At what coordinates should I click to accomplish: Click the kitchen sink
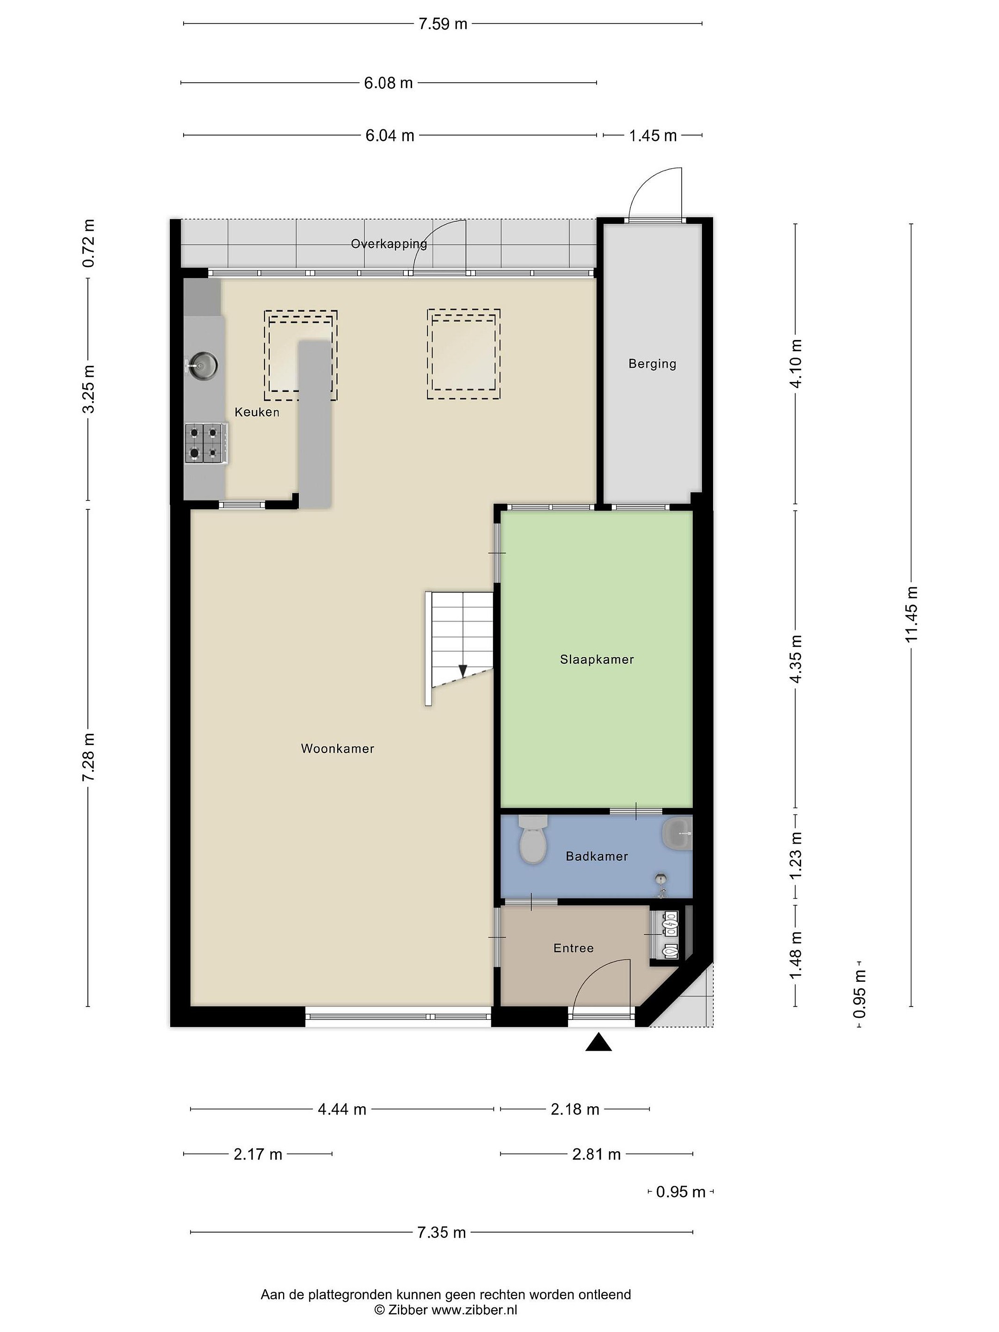pyautogui.click(x=202, y=365)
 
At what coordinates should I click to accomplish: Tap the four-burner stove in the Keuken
pyautogui.click(x=206, y=443)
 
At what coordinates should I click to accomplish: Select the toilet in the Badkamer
pyautogui.click(x=532, y=839)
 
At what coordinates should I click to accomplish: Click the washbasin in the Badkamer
pyautogui.click(x=678, y=834)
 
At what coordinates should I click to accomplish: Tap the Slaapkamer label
pyautogui.click(x=597, y=660)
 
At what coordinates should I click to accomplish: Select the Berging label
pyautogui.click(x=652, y=364)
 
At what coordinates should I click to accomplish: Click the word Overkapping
pyautogui.click(x=389, y=244)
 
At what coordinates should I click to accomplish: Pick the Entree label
pyautogui.click(x=573, y=949)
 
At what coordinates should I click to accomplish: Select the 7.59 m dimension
pyautogui.click(x=443, y=24)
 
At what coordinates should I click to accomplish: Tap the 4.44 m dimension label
pyautogui.click(x=342, y=1109)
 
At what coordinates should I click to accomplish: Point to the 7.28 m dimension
pyautogui.click(x=88, y=758)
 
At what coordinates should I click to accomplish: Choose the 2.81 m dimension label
pyautogui.click(x=596, y=1154)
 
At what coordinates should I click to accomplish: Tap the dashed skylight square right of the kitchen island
pyautogui.click(x=464, y=355)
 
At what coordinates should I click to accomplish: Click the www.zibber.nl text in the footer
pyautogui.click(x=474, y=1310)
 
